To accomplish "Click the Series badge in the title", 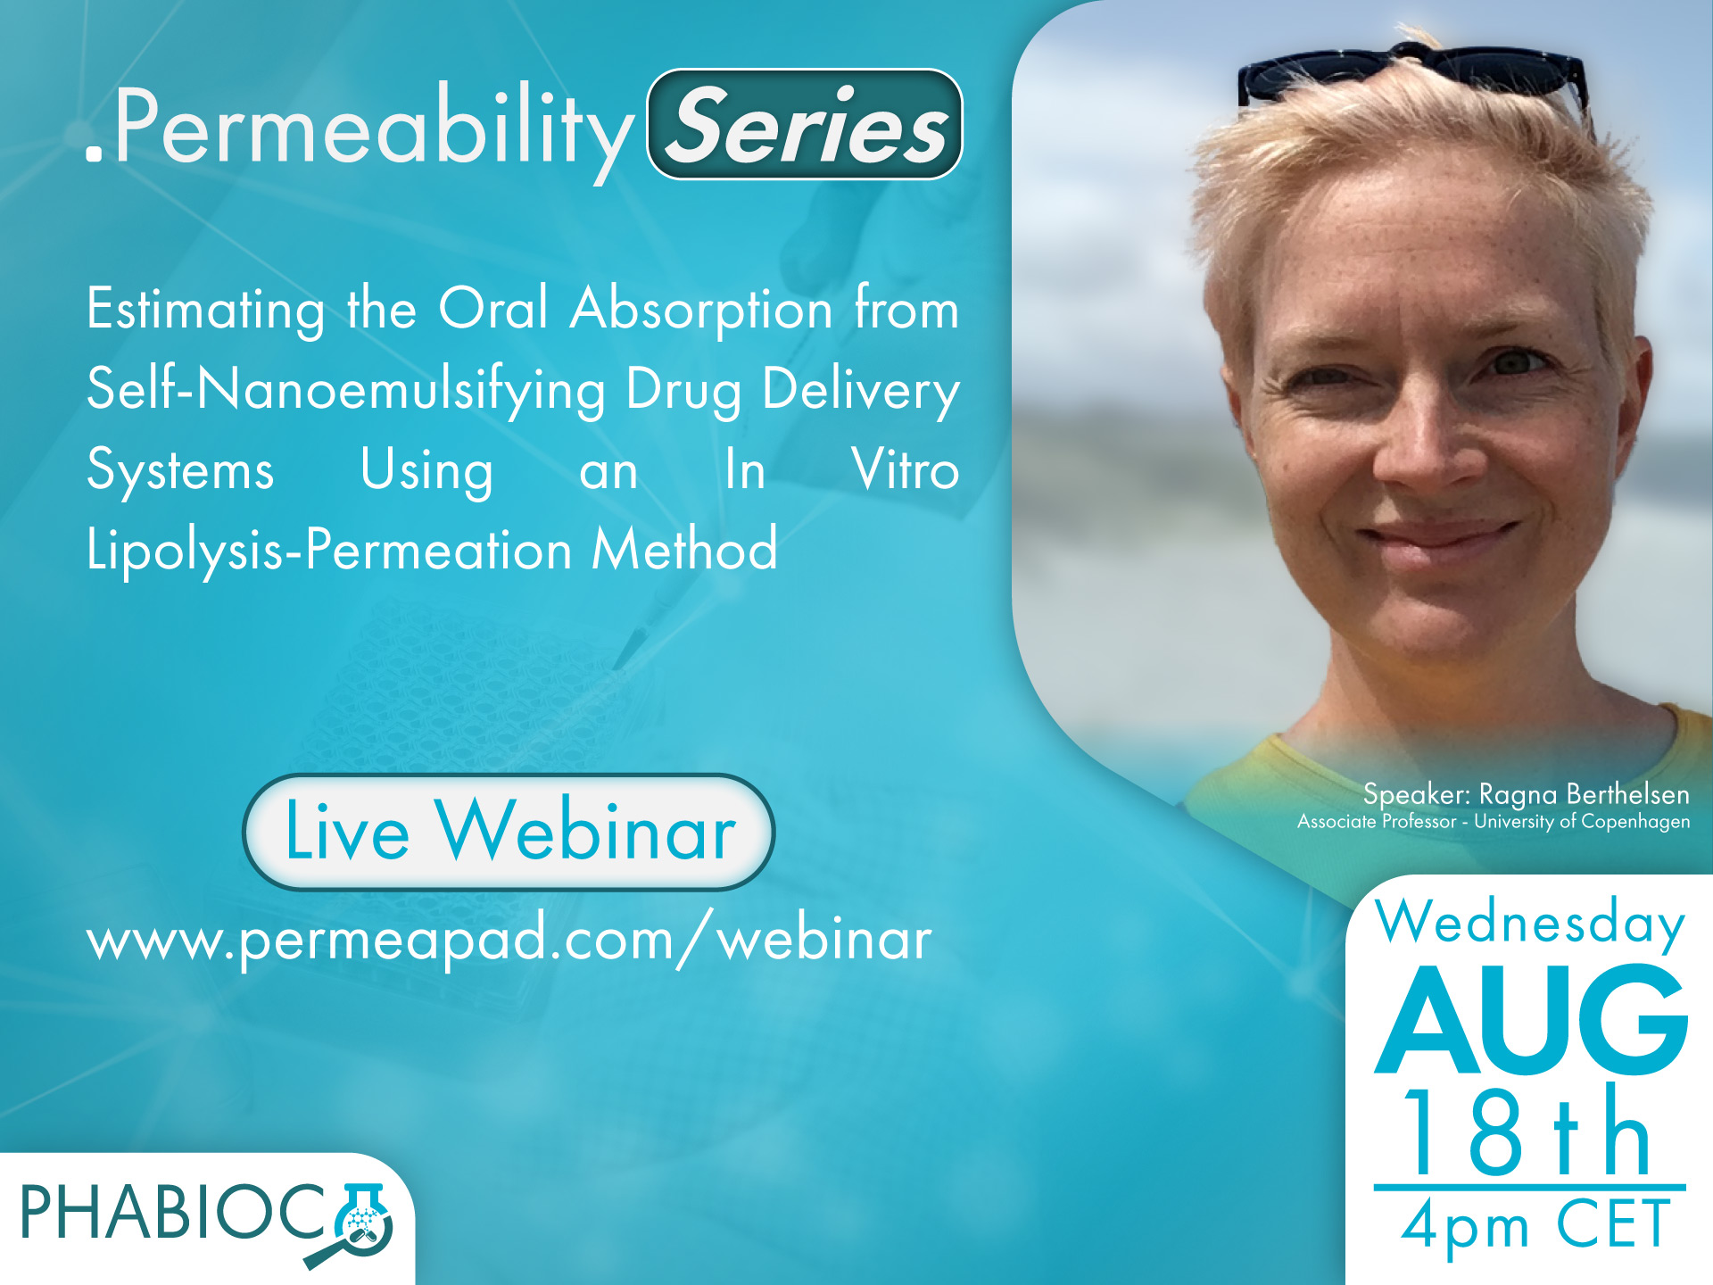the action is pos(805,124).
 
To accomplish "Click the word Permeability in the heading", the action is pos(373,128).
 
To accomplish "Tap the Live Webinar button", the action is pos(509,832).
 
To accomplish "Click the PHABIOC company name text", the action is pos(175,1214).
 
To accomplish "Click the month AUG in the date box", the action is pos(1531,1019).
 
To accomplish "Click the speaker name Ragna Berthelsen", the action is pos(1585,793).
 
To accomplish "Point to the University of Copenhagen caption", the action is pos(1582,821).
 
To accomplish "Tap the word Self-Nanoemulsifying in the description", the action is pos(346,390).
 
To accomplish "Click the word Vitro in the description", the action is pos(906,469).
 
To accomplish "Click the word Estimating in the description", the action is pos(205,310).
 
